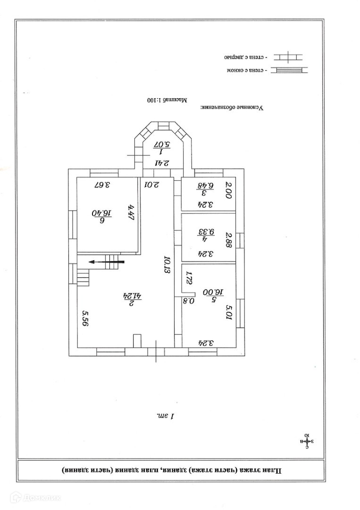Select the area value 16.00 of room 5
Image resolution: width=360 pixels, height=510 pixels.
[208, 293]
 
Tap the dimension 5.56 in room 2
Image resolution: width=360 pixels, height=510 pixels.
[85, 319]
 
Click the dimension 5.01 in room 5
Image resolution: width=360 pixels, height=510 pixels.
[229, 313]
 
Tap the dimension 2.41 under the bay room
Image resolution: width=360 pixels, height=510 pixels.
[162, 163]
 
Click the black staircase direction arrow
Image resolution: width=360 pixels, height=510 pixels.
[108, 261]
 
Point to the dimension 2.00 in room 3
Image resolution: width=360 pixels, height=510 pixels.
[229, 190]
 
